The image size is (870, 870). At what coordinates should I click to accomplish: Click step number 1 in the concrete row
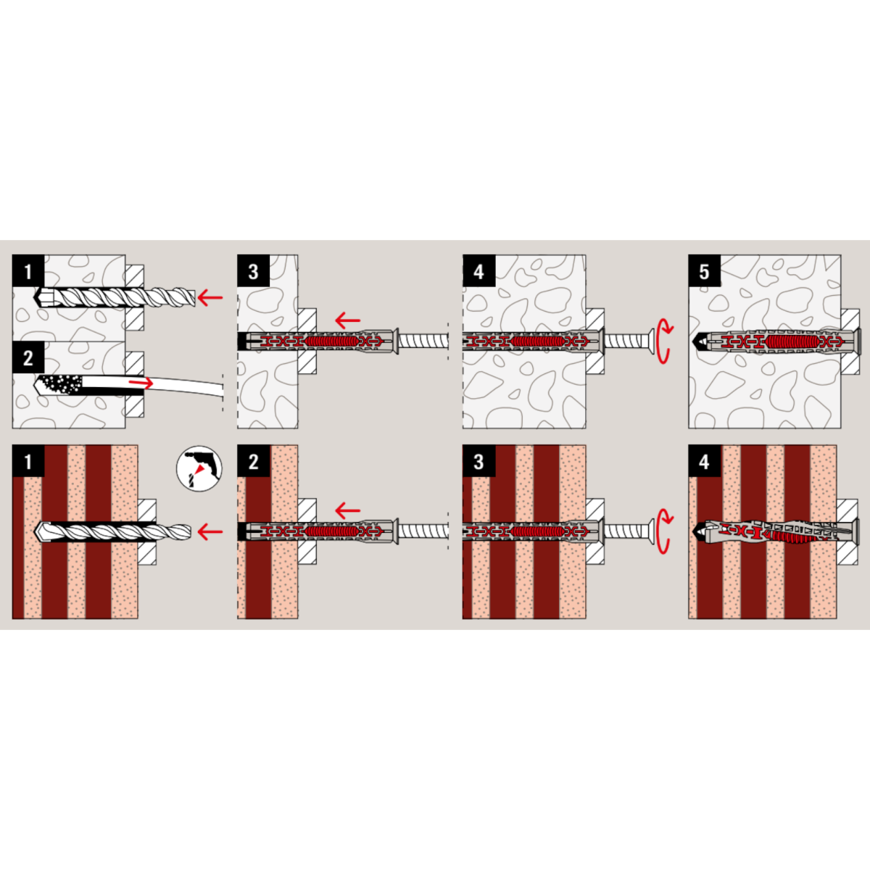pos(28,271)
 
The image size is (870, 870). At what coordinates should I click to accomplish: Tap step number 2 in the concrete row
pos(28,357)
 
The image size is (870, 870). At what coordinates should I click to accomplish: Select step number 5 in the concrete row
pos(704,271)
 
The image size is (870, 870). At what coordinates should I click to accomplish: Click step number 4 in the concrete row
pos(479,271)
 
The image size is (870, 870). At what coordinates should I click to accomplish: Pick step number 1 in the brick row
pos(28,461)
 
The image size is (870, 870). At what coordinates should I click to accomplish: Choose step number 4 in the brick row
pos(704,461)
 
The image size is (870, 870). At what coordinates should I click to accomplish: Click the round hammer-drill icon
pos(199,468)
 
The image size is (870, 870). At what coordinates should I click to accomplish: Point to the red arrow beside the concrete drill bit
pos(210,297)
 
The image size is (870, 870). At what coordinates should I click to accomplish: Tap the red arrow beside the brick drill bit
pos(210,531)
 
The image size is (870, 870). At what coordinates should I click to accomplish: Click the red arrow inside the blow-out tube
pos(141,383)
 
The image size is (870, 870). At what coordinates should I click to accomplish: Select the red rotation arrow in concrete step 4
pos(663,341)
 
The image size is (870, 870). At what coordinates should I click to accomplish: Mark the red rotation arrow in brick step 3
pos(663,531)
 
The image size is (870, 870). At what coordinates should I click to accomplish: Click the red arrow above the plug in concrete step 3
pos(348,320)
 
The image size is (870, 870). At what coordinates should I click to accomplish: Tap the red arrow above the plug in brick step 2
pos(348,510)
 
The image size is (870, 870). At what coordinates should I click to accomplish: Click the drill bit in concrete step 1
pos(115,297)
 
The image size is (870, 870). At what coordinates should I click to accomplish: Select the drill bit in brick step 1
pos(113,531)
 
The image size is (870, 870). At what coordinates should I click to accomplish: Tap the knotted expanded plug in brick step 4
pos(774,531)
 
